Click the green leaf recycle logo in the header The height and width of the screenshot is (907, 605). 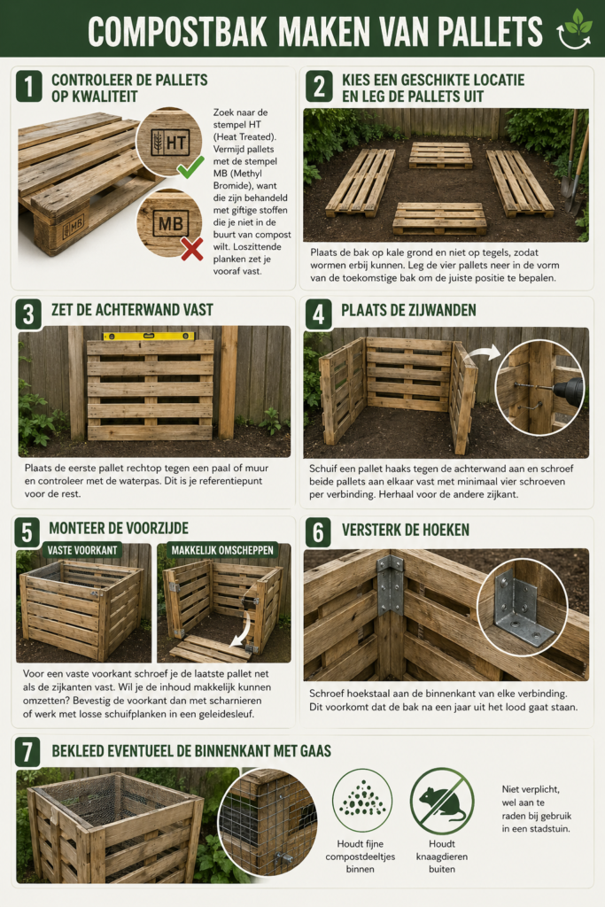coord(573,28)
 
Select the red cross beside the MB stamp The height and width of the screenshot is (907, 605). coord(191,249)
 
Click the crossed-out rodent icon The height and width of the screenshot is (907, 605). coord(441,801)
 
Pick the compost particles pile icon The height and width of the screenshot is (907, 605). coord(361,800)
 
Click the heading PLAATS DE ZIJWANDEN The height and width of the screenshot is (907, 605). coord(410,310)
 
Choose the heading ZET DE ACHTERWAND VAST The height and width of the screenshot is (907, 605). coord(132,310)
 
